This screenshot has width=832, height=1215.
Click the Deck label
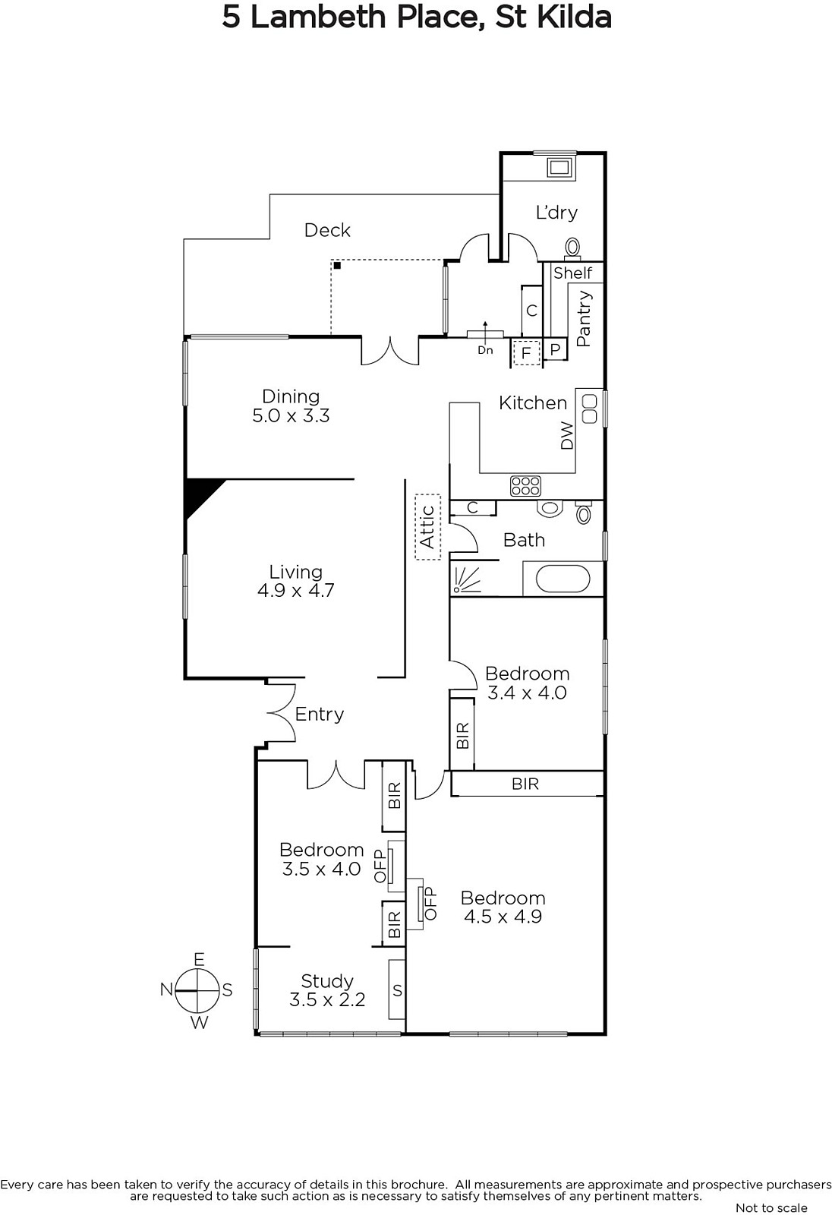[x=327, y=230]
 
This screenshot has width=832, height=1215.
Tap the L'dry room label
[x=556, y=213]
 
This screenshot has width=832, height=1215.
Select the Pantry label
[x=584, y=319]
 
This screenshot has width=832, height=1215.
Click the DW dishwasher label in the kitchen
[x=567, y=436]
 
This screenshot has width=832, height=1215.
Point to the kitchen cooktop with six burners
[x=525, y=485]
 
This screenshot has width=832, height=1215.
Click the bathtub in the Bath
[x=563, y=579]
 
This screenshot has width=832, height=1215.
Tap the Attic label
[x=427, y=527]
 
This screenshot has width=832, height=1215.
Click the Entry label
[x=319, y=714]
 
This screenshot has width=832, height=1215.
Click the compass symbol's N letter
[x=166, y=989]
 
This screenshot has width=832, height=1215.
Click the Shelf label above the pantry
[x=573, y=273]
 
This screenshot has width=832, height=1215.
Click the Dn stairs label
[x=485, y=350]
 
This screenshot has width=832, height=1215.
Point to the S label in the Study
[x=397, y=990]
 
